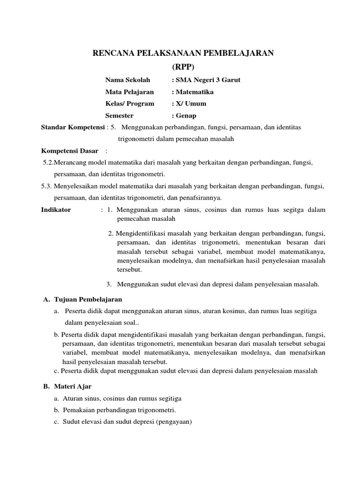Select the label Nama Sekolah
(x=124, y=80)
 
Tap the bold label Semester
(x=120, y=116)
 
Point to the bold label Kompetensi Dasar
(x=70, y=151)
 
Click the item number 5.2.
(x=48, y=163)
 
